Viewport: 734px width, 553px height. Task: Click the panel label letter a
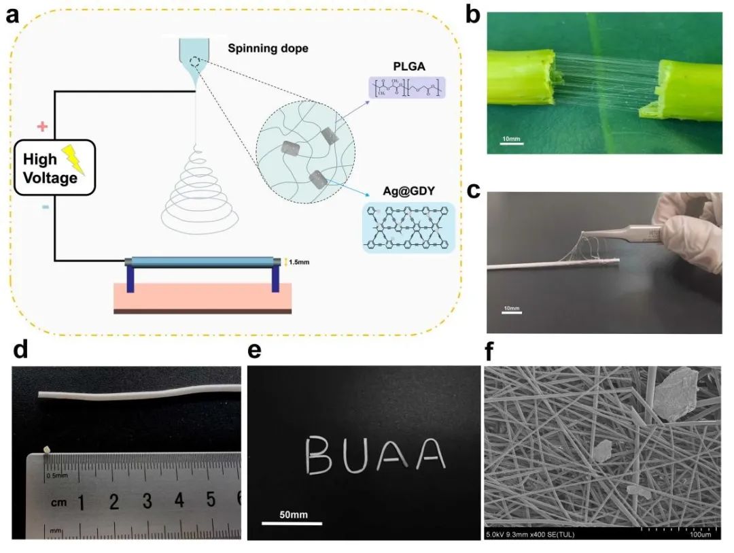point(12,15)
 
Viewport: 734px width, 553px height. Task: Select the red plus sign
point(42,126)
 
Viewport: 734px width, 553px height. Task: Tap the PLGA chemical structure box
point(406,88)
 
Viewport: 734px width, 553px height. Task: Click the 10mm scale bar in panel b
point(510,141)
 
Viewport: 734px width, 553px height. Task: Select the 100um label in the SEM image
point(701,535)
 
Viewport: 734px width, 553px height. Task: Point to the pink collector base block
point(203,297)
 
